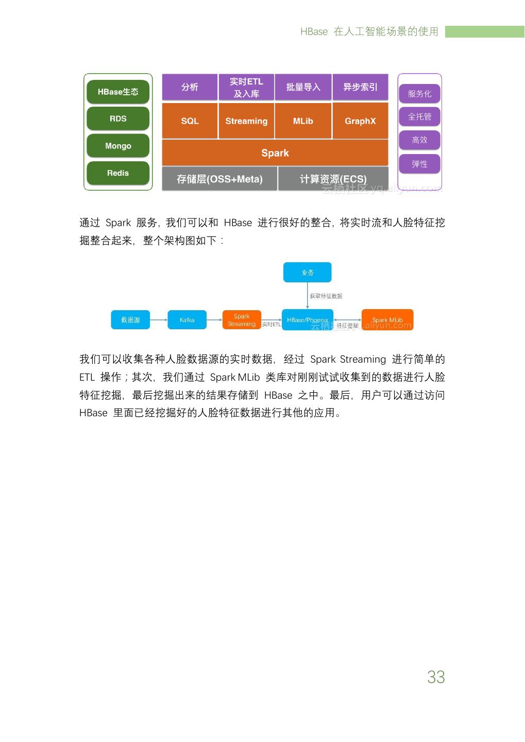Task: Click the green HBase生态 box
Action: pos(118,92)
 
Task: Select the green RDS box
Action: pos(118,119)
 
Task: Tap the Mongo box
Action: pos(118,146)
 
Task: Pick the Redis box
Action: pos(118,173)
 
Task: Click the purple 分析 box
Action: pos(190,87)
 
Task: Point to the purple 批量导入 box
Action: pos(303,87)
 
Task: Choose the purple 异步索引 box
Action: pos(360,87)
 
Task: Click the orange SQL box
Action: pos(190,121)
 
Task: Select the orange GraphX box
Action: pos(360,121)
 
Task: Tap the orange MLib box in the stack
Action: pos(303,121)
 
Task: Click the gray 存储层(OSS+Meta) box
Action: pos(219,179)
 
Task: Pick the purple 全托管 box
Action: pos(419,116)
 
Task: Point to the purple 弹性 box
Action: pos(419,164)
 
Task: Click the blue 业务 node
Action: pos(308,273)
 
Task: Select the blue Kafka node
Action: pos(187,320)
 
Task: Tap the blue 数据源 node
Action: pos(130,320)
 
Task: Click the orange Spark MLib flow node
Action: pos(387,320)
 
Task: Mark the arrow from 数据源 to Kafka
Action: pos(159,320)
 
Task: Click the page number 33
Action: pos(436,677)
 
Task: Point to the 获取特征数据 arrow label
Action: pos(326,296)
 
